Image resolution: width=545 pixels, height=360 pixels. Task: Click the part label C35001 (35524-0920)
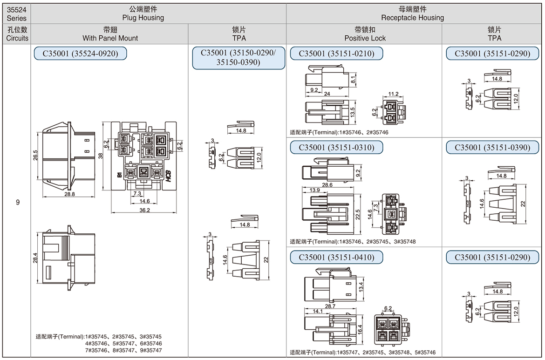(80, 54)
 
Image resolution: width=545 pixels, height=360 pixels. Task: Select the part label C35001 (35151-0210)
(336, 54)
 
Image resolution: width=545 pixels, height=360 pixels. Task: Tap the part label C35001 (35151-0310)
(336, 147)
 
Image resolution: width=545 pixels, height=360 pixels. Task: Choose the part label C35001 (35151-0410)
(336, 257)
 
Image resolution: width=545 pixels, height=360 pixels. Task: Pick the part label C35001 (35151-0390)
(492, 147)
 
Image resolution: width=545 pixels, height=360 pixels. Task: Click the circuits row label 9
(18, 202)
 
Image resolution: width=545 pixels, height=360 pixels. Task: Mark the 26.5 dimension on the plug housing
(35, 156)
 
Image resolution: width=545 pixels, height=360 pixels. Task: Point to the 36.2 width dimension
(144, 210)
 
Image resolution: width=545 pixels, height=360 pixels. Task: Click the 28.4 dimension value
(35, 258)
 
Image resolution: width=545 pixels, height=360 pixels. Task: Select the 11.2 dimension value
(394, 94)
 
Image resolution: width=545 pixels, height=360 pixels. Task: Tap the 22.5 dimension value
(358, 215)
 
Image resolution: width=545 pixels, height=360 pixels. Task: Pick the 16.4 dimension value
(360, 330)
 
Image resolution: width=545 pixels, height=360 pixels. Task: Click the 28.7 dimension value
(330, 306)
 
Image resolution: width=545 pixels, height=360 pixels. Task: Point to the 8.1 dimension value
(354, 80)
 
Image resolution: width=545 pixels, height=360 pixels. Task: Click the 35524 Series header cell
(17, 14)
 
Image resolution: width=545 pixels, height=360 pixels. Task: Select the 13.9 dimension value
(314, 190)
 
